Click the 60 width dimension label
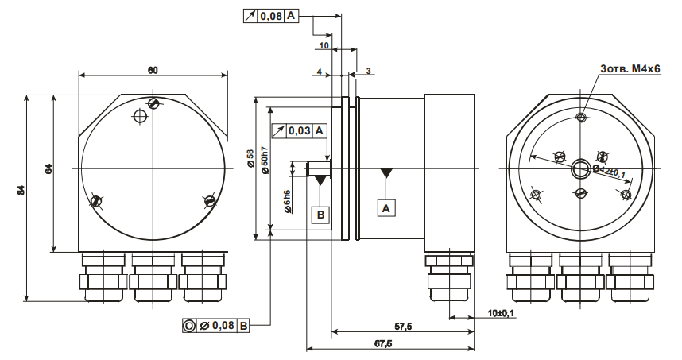click(153, 71)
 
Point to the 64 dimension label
click(48, 168)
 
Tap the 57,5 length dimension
click(403, 327)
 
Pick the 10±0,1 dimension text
click(501, 313)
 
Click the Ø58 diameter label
click(250, 160)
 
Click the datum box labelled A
click(386, 207)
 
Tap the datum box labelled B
click(320, 214)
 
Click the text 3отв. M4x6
click(630, 70)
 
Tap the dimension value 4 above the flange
click(319, 72)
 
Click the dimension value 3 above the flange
click(369, 72)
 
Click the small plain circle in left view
click(140, 118)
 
